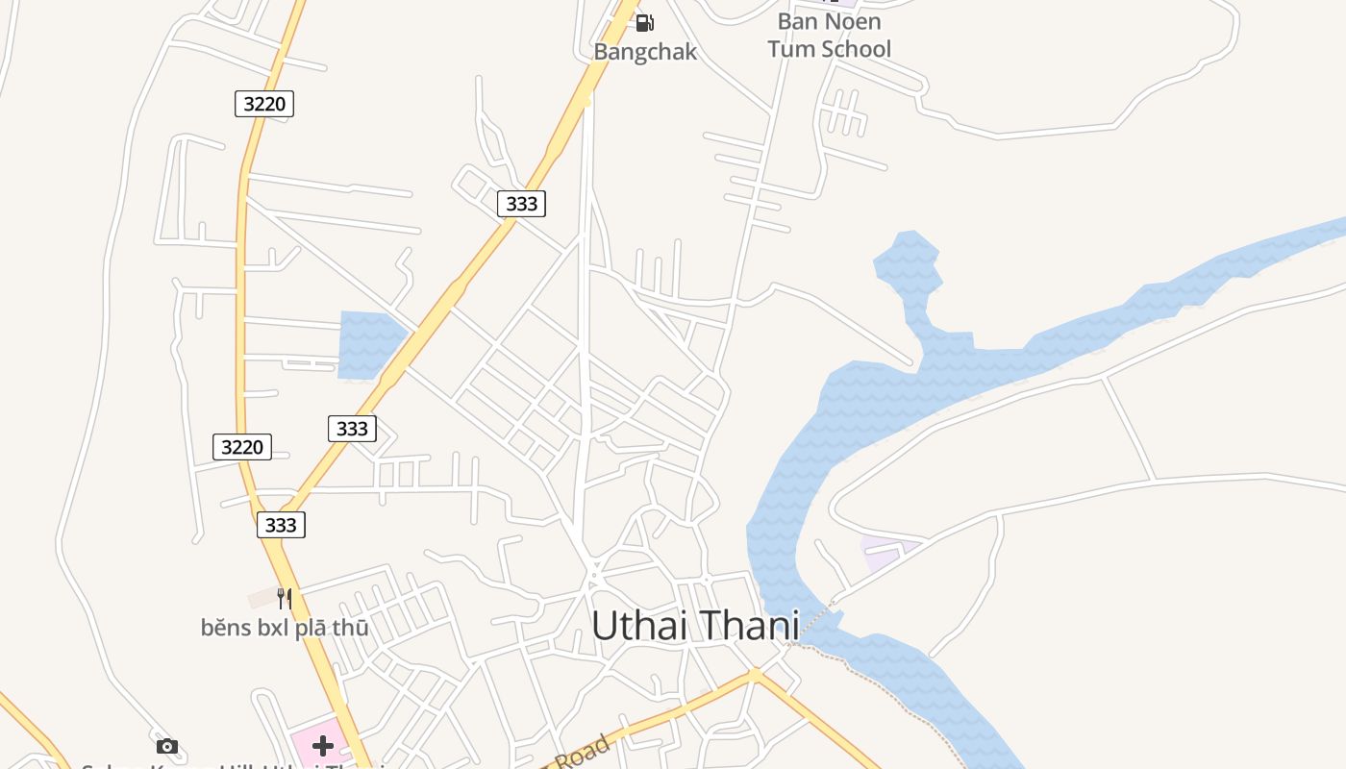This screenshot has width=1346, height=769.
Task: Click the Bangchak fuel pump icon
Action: click(645, 23)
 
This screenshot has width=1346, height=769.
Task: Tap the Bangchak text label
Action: click(644, 52)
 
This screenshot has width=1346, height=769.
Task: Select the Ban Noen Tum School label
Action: click(829, 36)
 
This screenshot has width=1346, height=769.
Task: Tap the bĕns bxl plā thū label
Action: click(284, 629)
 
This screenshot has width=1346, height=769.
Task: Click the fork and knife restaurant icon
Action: click(284, 599)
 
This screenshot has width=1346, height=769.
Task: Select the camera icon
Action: click(167, 746)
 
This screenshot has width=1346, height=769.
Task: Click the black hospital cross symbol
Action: click(323, 746)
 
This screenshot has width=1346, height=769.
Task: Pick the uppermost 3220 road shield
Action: click(264, 104)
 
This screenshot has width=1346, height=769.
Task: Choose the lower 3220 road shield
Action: click(242, 446)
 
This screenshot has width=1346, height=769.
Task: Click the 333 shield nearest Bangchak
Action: click(521, 204)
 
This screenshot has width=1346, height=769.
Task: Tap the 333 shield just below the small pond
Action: click(352, 429)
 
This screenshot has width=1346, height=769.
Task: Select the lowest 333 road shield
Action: click(281, 525)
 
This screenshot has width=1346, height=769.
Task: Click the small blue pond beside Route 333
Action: click(368, 342)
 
